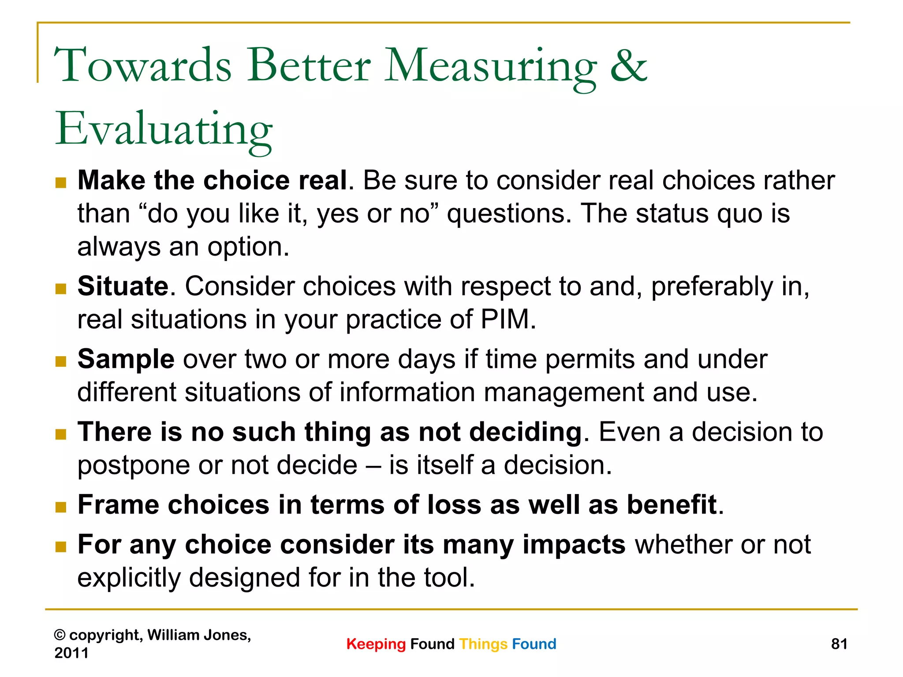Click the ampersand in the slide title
click(629, 66)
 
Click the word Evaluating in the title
click(164, 130)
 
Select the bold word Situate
click(123, 286)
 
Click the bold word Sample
click(126, 359)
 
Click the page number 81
click(839, 644)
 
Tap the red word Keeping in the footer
click(376, 644)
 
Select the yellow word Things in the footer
click(483, 644)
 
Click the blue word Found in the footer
click(534, 644)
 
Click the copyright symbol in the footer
click(60, 635)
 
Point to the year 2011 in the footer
click(71, 653)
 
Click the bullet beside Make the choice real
click(61, 182)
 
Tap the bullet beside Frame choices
click(61, 507)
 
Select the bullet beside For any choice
click(61, 547)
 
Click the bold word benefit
click(672, 505)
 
